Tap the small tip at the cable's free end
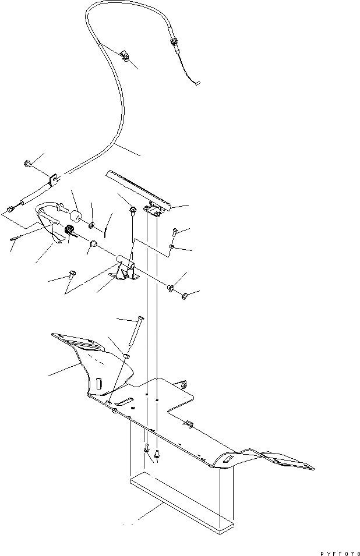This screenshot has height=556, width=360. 197,83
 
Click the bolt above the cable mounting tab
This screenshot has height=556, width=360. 28,164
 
